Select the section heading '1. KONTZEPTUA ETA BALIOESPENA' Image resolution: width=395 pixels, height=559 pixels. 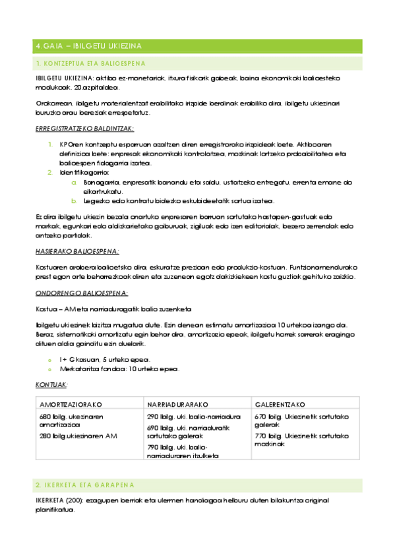(90, 63)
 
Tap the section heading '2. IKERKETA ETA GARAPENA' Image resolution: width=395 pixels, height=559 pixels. (84, 485)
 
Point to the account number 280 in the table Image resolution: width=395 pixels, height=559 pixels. (45, 436)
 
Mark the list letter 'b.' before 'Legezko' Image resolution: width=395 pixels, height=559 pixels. (75, 201)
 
